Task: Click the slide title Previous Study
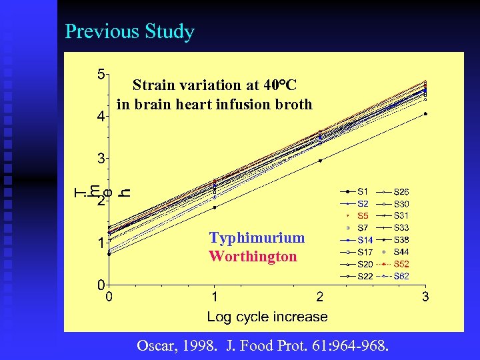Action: (129, 32)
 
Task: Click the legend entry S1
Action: (363, 191)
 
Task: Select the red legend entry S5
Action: (363, 215)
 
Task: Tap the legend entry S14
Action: (365, 240)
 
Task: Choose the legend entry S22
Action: (365, 276)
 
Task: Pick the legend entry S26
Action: (401, 191)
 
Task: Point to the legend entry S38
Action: (401, 239)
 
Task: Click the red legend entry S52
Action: (401, 264)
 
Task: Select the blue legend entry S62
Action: (401, 276)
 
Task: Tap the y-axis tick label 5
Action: (101, 74)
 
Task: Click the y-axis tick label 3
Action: (101, 159)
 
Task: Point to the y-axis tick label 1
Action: (101, 243)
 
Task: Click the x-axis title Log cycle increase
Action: (267, 317)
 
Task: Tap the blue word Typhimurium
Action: (257, 238)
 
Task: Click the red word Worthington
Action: (253, 257)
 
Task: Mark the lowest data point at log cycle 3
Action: (425, 113)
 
